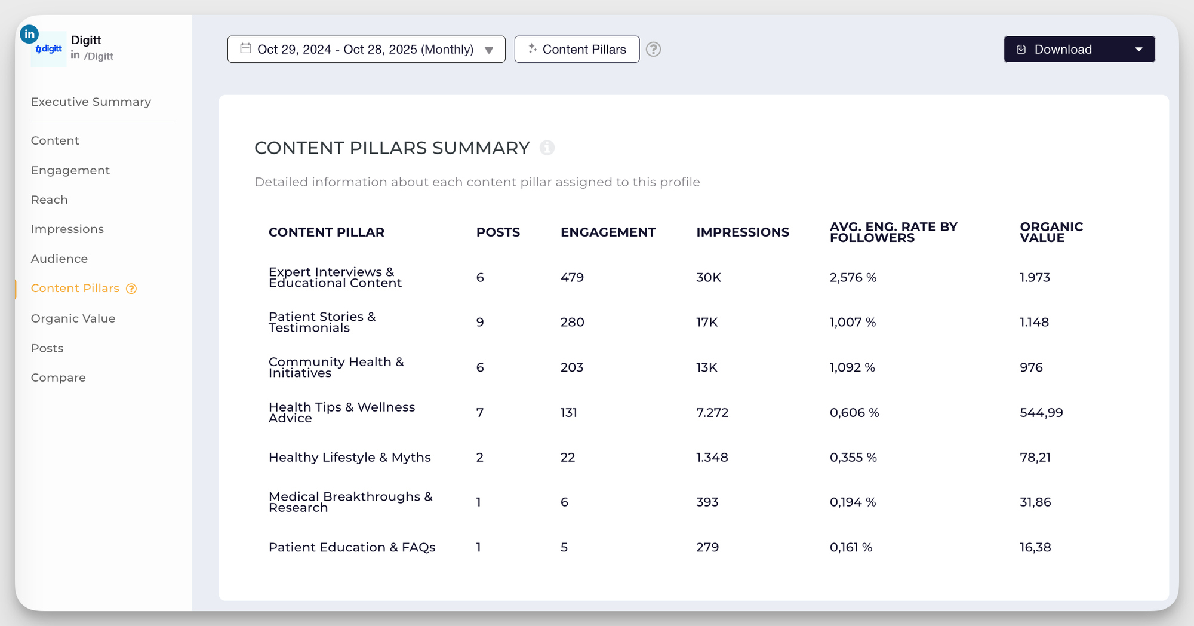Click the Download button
click(x=1063, y=50)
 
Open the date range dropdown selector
click(x=366, y=50)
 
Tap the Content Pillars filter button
click(x=577, y=50)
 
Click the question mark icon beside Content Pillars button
click(x=654, y=50)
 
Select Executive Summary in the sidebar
click(x=91, y=102)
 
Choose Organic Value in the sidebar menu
click(x=73, y=318)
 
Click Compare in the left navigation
click(x=58, y=378)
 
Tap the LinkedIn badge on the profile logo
click(x=29, y=35)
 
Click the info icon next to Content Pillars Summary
click(x=547, y=148)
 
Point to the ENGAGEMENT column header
click(x=608, y=232)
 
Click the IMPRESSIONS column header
click(x=742, y=232)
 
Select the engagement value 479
click(x=572, y=278)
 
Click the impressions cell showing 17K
click(x=707, y=323)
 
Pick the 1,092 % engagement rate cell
click(x=852, y=367)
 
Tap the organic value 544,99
click(x=1041, y=413)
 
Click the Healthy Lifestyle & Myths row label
click(x=349, y=458)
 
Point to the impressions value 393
click(x=707, y=502)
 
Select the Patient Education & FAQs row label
click(x=352, y=548)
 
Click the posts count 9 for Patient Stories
click(x=480, y=323)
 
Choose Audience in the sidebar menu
click(x=59, y=259)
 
